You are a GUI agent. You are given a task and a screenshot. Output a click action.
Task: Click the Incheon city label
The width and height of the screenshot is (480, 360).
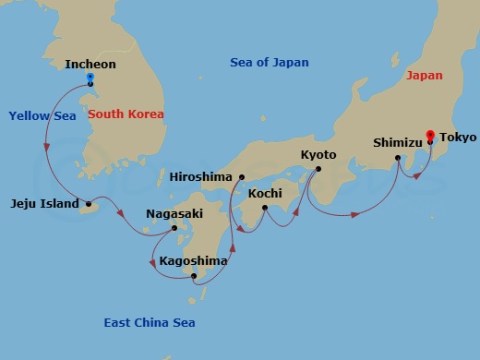coord(90,64)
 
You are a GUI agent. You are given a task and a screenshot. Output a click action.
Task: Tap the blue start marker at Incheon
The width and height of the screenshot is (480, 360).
coord(90,78)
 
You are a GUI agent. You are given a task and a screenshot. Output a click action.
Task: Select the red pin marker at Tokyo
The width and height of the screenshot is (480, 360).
coord(429,135)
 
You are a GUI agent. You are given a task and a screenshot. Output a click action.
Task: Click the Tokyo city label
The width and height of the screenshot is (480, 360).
coord(458,138)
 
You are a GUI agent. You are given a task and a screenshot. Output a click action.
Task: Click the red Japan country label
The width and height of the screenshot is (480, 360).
coord(424,76)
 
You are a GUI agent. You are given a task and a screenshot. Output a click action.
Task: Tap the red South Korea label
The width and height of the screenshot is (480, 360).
coord(126,114)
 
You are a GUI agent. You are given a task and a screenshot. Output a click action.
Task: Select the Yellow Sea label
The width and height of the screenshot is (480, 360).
coord(41,115)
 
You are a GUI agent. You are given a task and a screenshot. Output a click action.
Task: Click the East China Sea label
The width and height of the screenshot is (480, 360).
coord(149,322)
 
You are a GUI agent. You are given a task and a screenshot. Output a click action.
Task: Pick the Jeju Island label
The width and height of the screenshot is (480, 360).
coord(44,203)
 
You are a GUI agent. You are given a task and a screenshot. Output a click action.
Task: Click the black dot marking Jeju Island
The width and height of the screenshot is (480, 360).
coord(89,203)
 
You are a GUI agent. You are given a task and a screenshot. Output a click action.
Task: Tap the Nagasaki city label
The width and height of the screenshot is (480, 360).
coord(174,214)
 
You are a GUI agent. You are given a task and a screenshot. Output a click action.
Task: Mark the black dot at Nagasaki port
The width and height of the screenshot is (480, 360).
coord(174,227)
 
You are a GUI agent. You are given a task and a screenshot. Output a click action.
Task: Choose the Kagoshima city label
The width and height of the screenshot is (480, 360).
coord(193,261)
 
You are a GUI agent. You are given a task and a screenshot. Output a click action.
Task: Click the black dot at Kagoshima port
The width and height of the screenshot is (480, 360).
coord(193,275)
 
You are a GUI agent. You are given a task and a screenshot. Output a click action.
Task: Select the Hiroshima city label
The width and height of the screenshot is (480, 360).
coord(202,177)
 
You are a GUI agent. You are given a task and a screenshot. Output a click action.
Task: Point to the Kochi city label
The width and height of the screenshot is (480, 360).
coord(265,194)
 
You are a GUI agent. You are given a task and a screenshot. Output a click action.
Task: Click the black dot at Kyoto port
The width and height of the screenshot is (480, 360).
coord(318,168)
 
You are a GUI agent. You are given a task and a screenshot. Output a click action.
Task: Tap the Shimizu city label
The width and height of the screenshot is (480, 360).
coord(397,143)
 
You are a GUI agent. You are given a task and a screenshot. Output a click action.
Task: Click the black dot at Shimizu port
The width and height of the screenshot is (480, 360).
coord(398,158)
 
